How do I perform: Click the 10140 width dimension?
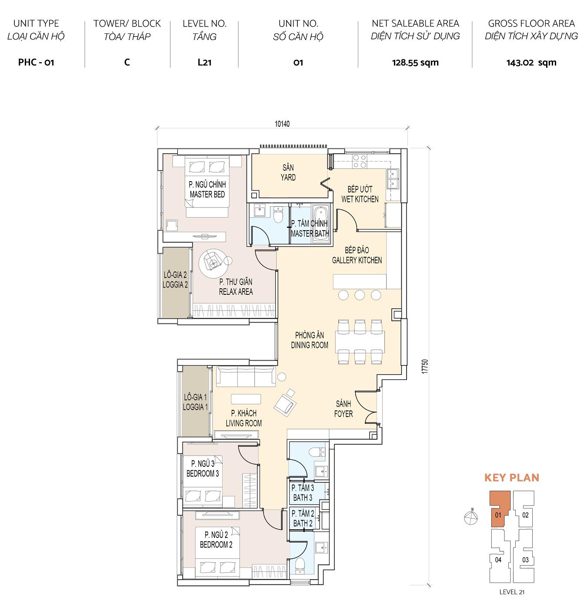[x=282, y=124]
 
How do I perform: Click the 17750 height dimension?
[x=425, y=366]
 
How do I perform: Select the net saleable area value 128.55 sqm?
[x=415, y=63]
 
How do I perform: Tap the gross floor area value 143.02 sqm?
[x=531, y=63]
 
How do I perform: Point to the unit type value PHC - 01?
[x=36, y=63]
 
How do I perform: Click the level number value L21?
[x=204, y=63]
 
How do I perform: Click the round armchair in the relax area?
[x=213, y=262]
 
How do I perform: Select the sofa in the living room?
[x=246, y=376]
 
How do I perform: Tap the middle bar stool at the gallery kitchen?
[x=360, y=295]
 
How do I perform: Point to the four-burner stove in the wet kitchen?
[x=359, y=161]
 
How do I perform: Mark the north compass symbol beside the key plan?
[x=471, y=518]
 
